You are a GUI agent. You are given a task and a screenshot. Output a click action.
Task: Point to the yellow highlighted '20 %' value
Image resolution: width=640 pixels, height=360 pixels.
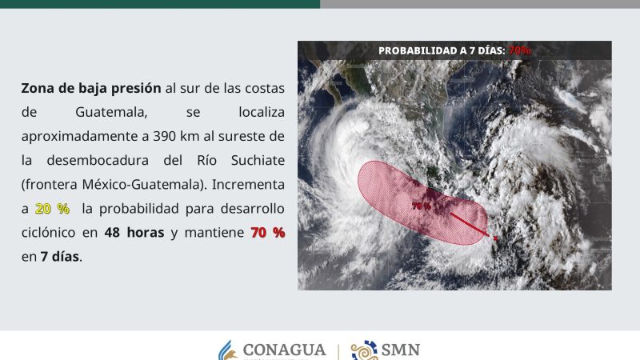(52, 208)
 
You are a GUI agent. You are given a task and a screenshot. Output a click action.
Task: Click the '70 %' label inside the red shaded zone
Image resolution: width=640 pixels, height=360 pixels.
(422, 206)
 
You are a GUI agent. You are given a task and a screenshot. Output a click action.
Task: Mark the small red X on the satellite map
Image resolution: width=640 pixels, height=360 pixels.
(496, 238)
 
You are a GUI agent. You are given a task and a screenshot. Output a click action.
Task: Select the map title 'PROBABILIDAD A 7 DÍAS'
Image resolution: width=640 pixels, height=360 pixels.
(441, 50)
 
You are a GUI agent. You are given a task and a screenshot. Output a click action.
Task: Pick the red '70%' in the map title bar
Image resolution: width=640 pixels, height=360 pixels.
(520, 50)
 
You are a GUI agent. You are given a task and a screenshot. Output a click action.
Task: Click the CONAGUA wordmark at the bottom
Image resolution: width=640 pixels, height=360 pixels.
(283, 350)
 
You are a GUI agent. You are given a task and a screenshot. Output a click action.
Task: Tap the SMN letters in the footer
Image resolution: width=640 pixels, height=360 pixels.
(401, 350)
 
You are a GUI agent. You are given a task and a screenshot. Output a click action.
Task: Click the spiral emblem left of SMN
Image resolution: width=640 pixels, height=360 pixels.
(365, 351)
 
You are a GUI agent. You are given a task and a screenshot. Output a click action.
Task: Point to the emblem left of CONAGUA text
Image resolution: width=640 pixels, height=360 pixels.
(228, 351)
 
